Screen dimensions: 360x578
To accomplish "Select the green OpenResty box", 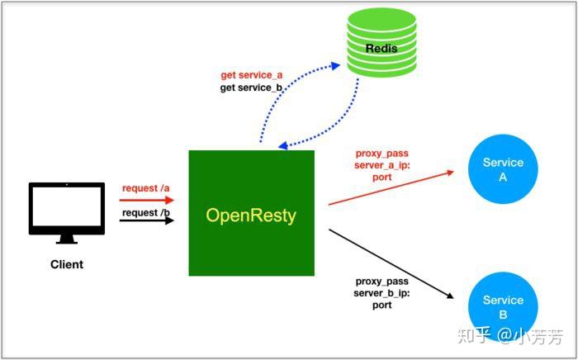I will tap(251, 213).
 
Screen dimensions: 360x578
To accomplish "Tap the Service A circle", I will tap(503, 169).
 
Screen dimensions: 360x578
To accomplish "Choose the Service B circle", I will tap(503, 306).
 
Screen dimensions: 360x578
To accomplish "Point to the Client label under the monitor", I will tap(67, 264).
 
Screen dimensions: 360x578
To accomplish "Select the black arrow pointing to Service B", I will tap(392, 263).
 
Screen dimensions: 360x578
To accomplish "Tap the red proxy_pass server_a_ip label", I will tap(381, 164).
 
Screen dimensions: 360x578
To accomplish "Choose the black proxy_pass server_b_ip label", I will tap(381, 293).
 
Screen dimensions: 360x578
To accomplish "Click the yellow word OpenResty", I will tap(251, 216).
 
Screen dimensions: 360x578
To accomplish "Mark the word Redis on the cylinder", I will tap(381, 48).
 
